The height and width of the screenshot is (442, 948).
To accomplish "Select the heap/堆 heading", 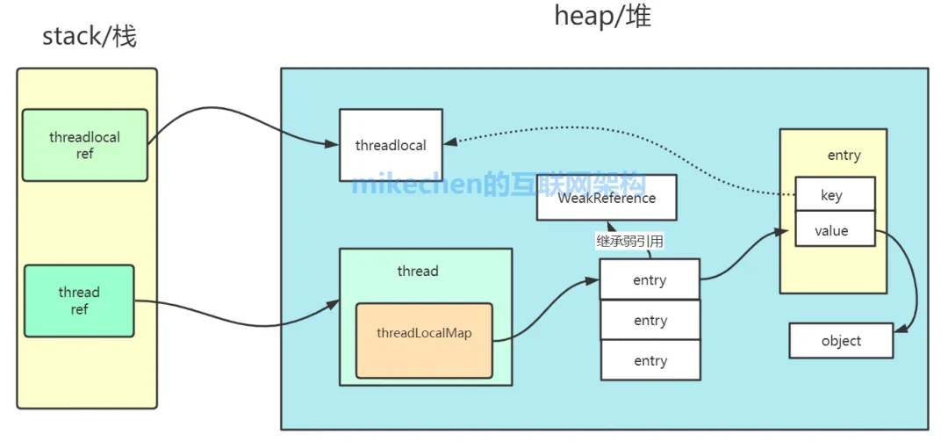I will [x=602, y=16].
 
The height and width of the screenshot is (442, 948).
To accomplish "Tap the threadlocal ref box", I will [x=84, y=145].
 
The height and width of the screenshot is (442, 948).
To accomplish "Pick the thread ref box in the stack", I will [x=79, y=301].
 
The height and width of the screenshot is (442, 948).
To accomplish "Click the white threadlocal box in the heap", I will [x=391, y=145].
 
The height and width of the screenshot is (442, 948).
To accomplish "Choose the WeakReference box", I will [x=607, y=198].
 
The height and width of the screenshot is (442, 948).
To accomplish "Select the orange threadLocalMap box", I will [x=424, y=341].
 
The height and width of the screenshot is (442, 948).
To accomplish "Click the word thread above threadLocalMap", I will [x=417, y=271].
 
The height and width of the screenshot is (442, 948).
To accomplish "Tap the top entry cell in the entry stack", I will [x=650, y=280].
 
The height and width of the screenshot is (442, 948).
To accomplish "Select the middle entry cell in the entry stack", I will [x=650, y=321].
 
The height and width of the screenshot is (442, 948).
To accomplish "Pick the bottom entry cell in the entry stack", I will [x=650, y=360].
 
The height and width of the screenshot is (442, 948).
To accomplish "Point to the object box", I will [x=840, y=341].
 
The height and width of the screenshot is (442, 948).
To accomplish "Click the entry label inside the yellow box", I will [x=844, y=156].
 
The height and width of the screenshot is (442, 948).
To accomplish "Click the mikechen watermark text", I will [x=499, y=185].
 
